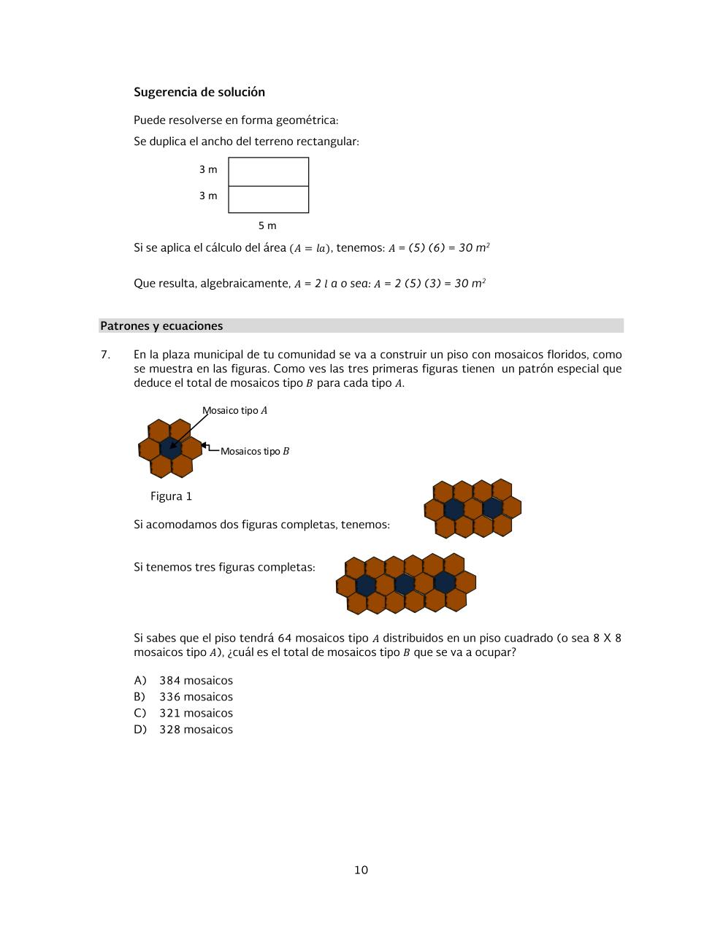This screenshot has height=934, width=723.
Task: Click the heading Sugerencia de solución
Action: click(x=199, y=92)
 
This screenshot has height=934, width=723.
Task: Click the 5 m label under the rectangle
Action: click(x=267, y=225)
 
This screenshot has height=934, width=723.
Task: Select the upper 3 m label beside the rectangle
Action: click(x=208, y=169)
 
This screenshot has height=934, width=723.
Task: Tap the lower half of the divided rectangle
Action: click(x=268, y=199)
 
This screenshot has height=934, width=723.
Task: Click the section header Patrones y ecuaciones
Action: click(x=161, y=326)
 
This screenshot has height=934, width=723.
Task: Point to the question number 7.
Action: click(x=105, y=355)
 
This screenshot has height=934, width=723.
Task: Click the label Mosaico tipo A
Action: click(x=235, y=411)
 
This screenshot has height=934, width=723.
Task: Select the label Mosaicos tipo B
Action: click(x=254, y=451)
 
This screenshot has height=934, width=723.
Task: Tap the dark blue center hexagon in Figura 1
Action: click(x=170, y=448)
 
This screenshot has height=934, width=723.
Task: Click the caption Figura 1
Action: click(x=171, y=496)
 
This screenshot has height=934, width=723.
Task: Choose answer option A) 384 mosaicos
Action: click(x=183, y=680)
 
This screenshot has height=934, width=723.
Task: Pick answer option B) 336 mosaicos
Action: click(x=183, y=697)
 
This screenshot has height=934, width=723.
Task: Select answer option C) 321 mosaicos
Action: click(x=183, y=713)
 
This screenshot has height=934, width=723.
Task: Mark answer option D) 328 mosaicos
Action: click(x=183, y=730)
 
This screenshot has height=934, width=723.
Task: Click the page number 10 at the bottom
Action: click(x=361, y=870)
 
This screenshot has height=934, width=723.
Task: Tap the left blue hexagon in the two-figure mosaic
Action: click(x=454, y=509)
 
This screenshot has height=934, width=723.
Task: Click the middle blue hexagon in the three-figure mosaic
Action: click(x=405, y=584)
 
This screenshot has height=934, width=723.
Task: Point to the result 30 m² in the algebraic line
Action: click(x=470, y=283)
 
